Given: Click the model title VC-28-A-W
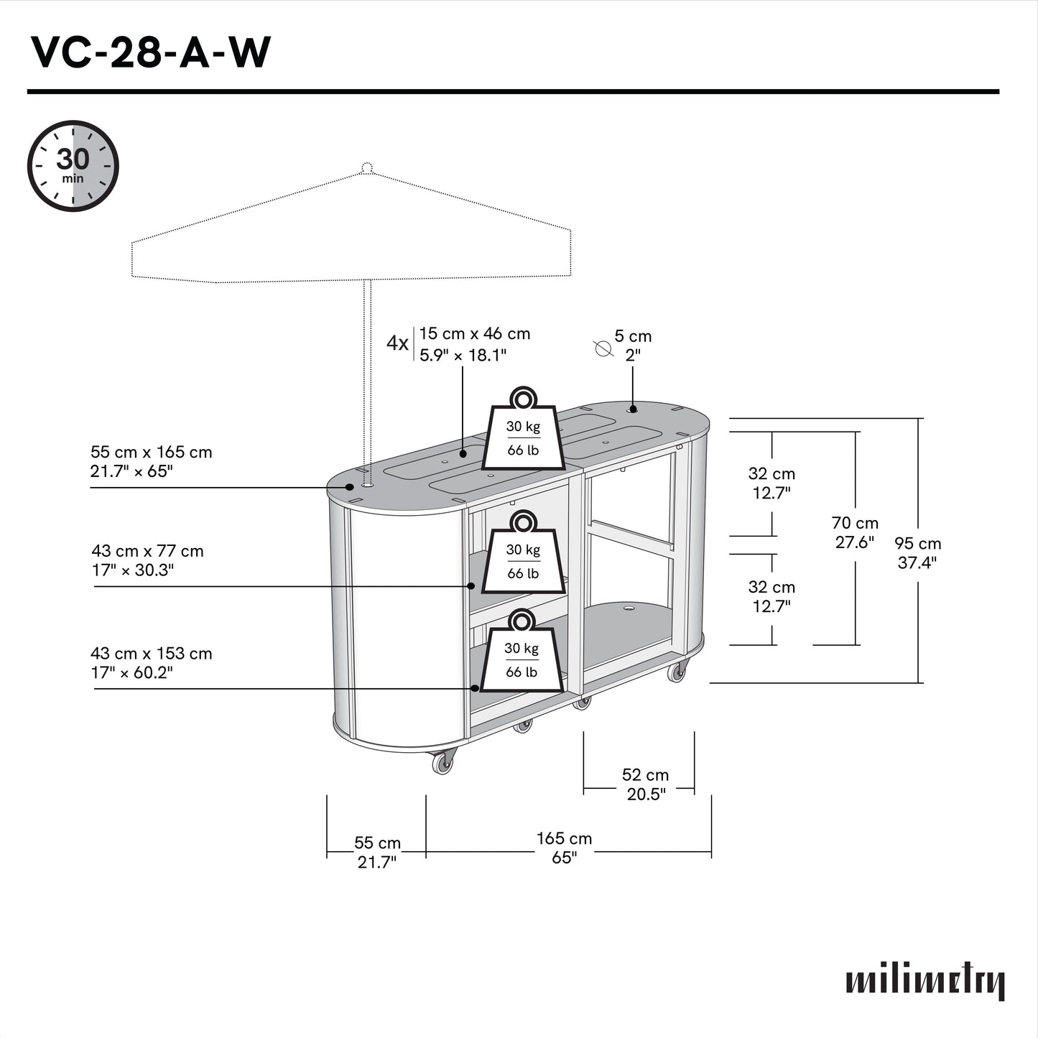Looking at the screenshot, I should (x=150, y=52).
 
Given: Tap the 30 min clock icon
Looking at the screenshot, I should (x=73, y=166).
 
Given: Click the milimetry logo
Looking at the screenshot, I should (x=925, y=981).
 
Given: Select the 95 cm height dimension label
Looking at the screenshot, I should (x=917, y=552).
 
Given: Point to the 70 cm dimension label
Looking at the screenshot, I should (x=855, y=532).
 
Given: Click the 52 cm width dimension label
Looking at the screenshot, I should (x=645, y=784).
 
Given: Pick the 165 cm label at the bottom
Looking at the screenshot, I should (x=564, y=848).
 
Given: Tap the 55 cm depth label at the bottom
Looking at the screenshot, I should (x=377, y=852).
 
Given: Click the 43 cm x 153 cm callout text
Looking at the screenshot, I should (x=151, y=662).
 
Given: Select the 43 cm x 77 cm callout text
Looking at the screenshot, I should (x=147, y=560).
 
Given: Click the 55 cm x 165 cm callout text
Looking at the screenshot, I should (x=151, y=461).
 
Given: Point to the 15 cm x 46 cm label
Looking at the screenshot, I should (x=474, y=343).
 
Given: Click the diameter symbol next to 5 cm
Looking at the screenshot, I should (x=602, y=348).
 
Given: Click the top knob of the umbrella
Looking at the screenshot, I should (x=366, y=169).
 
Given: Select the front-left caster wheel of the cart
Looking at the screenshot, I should (x=443, y=761).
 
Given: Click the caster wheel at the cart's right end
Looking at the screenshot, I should (x=676, y=672).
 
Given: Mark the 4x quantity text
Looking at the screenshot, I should (x=397, y=343).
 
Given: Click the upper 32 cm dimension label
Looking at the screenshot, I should (x=771, y=483).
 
